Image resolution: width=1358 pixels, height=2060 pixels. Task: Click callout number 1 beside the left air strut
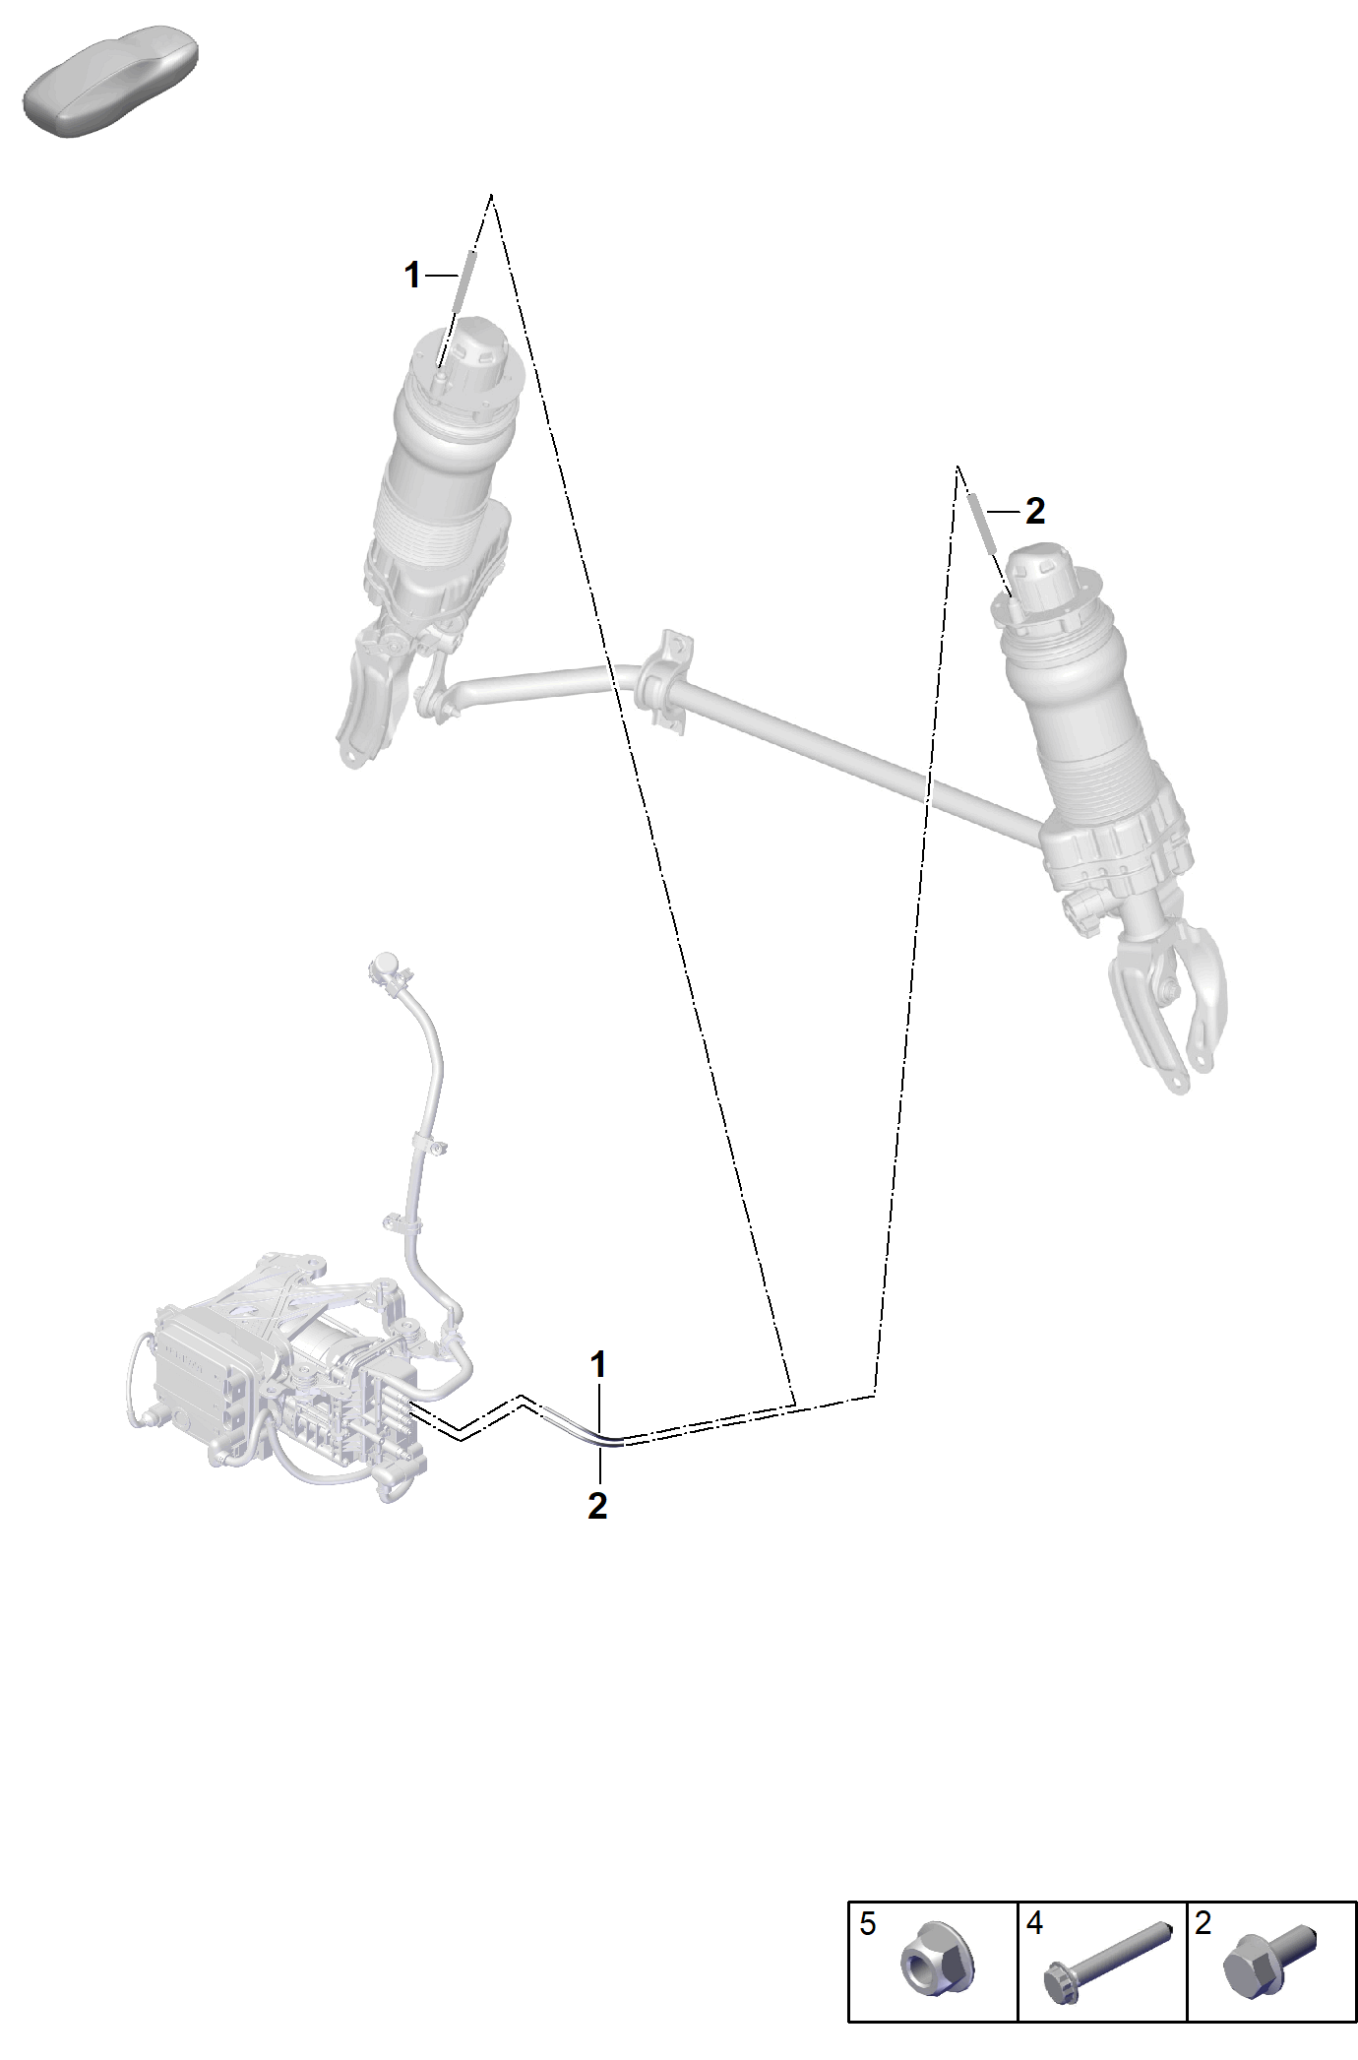click(413, 276)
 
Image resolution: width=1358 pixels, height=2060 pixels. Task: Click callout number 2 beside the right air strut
click(1034, 511)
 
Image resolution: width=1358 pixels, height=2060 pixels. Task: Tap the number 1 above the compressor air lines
click(598, 1365)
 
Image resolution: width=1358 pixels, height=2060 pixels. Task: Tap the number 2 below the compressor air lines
click(597, 1506)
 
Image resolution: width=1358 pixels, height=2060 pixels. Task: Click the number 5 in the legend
click(867, 1923)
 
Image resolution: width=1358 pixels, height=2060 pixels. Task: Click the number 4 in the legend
click(1034, 1923)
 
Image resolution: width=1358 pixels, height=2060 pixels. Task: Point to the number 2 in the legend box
click(1203, 1923)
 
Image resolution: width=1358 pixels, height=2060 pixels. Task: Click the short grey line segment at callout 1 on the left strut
click(463, 281)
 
